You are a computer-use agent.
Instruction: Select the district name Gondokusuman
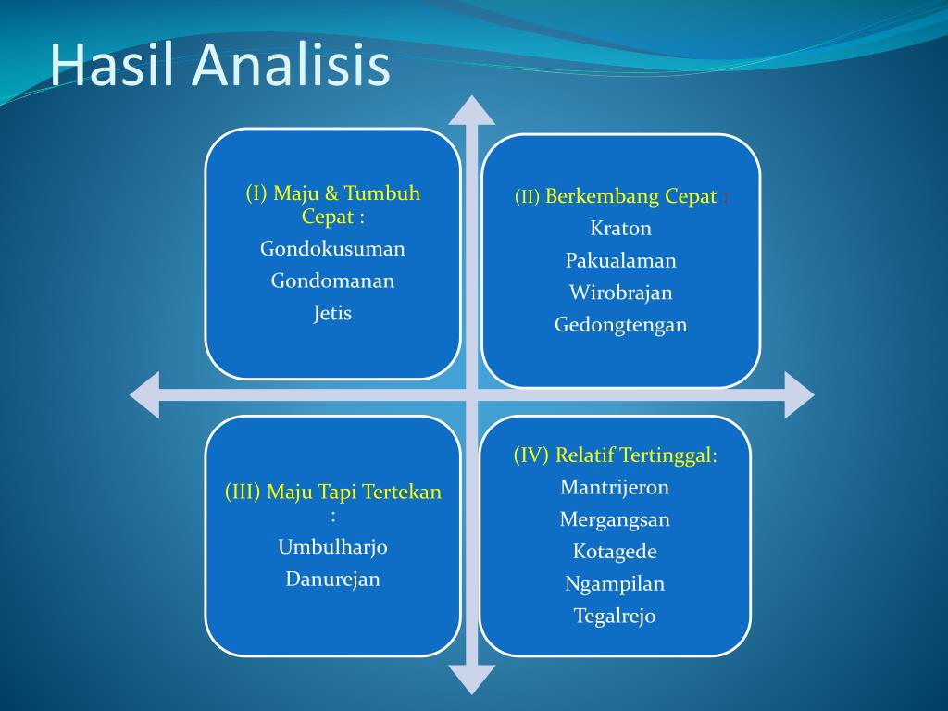pos(332,248)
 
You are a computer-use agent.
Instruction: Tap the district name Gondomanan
pos(332,281)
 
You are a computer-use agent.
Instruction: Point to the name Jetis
pos(332,313)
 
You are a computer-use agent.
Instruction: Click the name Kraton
pos(621,228)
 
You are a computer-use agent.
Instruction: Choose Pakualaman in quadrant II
pos(621,260)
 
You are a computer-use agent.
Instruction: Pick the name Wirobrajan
pos(621,293)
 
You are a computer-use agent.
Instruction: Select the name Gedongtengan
pos(621,325)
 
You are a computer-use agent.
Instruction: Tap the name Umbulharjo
pos(332,547)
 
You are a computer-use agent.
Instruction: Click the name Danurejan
pos(332,580)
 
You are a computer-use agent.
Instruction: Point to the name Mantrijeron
pos(615,487)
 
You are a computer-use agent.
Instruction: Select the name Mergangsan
pos(615,519)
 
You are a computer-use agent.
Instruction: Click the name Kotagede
pos(615,552)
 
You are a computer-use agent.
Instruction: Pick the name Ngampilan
pos(615,583)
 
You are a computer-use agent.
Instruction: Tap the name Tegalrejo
pos(615,616)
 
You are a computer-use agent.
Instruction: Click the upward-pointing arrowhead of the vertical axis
pos(472,110)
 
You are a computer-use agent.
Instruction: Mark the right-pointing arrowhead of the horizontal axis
pos(799,394)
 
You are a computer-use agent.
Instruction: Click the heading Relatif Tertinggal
pos(636,455)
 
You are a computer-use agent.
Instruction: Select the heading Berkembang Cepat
pos(631,196)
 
